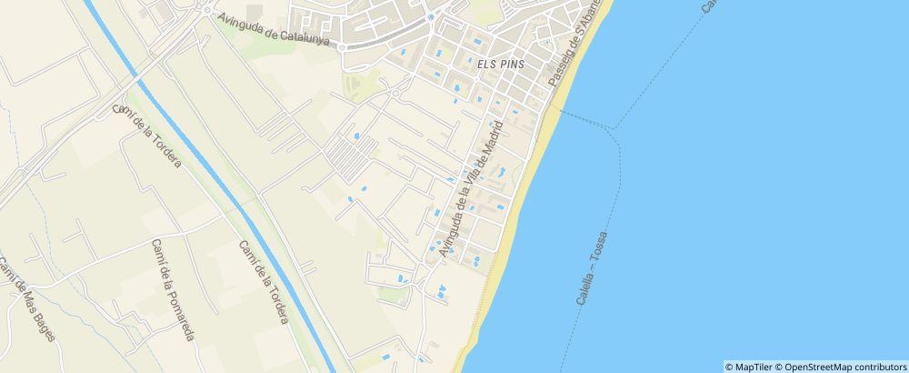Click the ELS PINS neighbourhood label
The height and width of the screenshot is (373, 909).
pyautogui.click(x=498, y=66)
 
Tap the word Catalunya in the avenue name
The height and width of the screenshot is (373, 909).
pyautogui.click(x=306, y=35)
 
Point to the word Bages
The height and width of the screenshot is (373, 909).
pyautogui.click(x=43, y=325)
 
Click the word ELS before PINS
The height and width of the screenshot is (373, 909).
pyautogui.click(x=484, y=66)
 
